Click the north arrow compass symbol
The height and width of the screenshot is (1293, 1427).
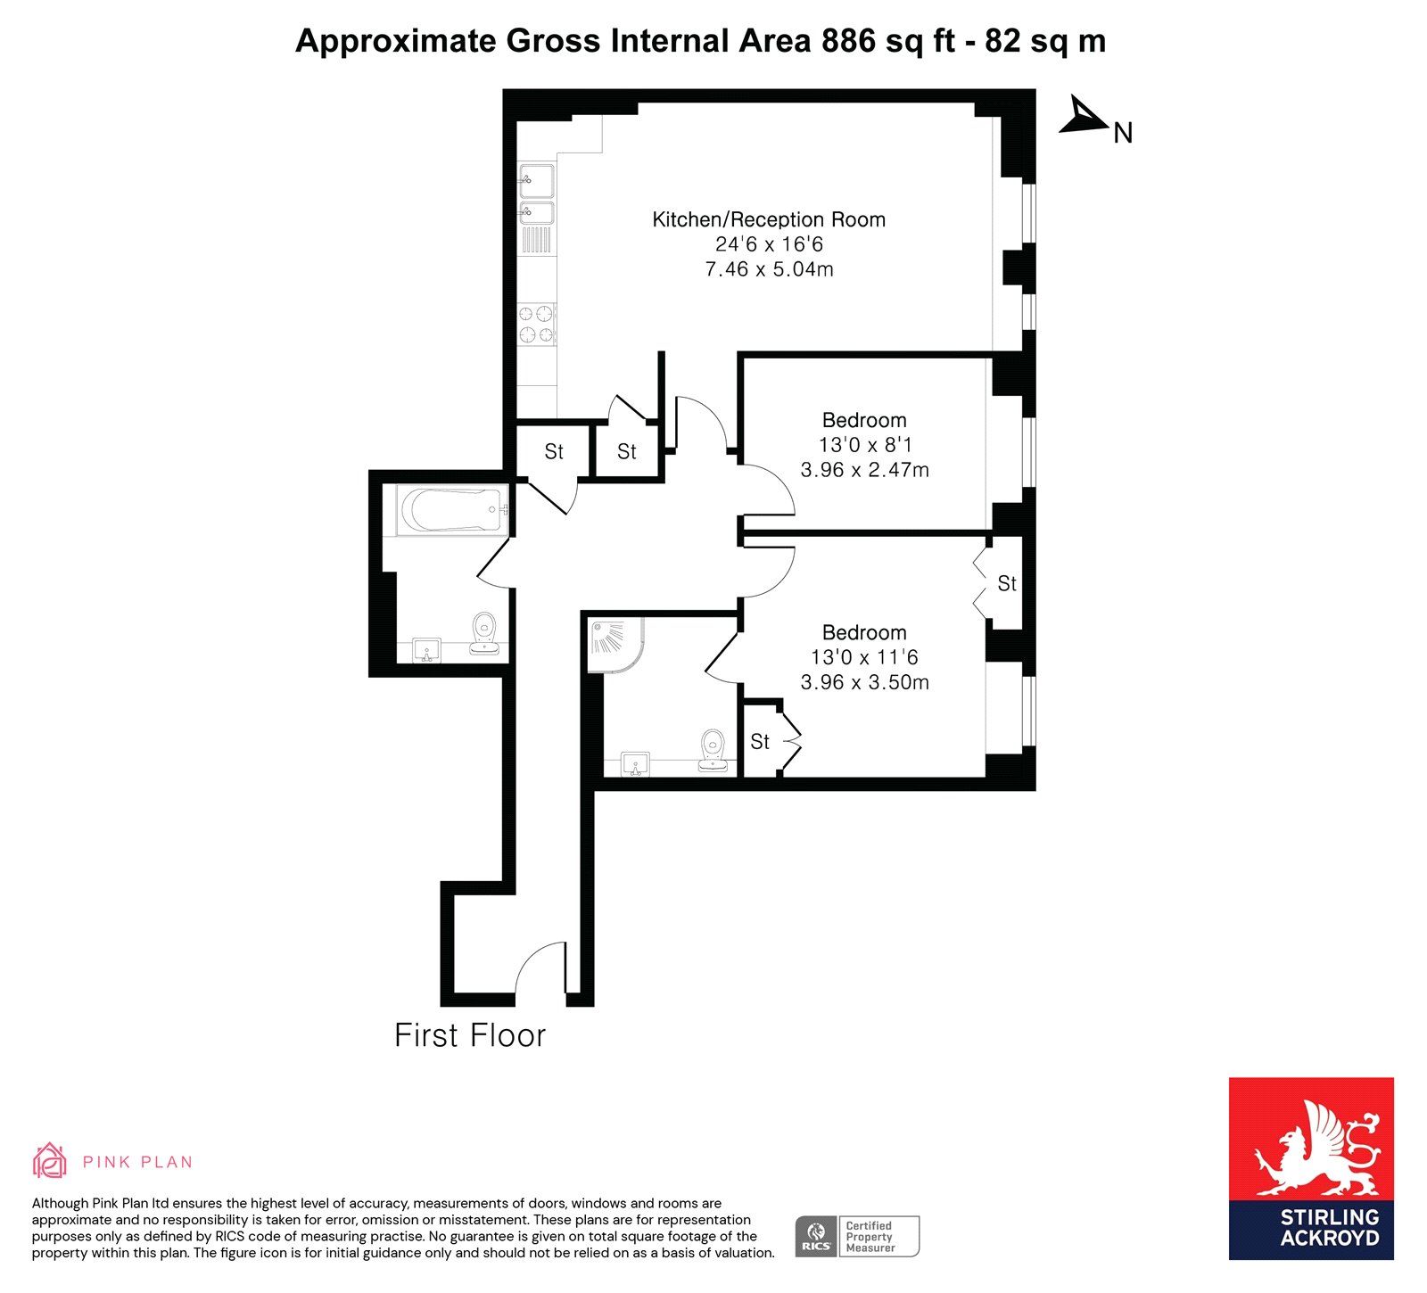[1085, 117]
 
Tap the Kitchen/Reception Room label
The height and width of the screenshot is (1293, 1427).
[769, 219]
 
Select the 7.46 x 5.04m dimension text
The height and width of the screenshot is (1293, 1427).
[769, 269]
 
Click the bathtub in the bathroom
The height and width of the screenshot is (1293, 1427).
[453, 511]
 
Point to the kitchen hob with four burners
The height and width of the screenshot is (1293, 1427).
[537, 324]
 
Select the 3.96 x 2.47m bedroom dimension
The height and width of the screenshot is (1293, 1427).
[864, 470]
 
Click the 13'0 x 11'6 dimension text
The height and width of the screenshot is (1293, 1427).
[864, 657]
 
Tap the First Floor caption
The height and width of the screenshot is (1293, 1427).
[470, 1035]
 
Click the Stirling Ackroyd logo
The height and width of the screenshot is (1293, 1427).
[1311, 1168]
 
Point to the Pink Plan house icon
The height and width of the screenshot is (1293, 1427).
[50, 1160]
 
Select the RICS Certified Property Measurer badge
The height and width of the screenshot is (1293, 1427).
[857, 1236]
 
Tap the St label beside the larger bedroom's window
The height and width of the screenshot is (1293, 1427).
[1007, 583]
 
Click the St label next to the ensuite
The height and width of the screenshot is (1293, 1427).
[760, 741]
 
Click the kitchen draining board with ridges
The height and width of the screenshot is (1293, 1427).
[537, 240]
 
